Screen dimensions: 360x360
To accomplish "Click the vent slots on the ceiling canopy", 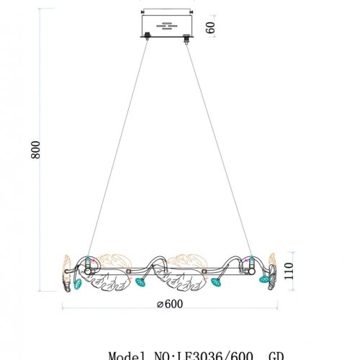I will pyautogui.click(x=167, y=27).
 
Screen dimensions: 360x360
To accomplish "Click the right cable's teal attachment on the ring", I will pyautogui.click(x=249, y=259).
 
